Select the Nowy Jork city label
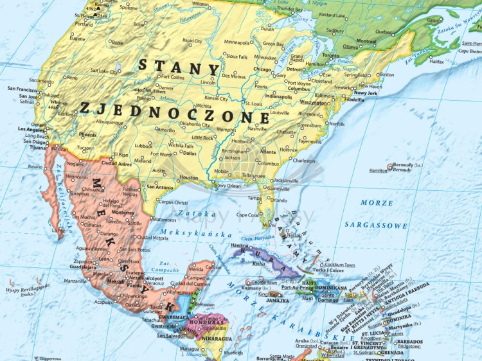[364, 93]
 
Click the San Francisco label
[22, 89]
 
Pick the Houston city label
[188, 178]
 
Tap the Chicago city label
[262, 69]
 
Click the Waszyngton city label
[314, 102]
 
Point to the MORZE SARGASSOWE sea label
[375, 214]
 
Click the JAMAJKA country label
[277, 300]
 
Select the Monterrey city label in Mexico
[123, 212]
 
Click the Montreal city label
[366, 41]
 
